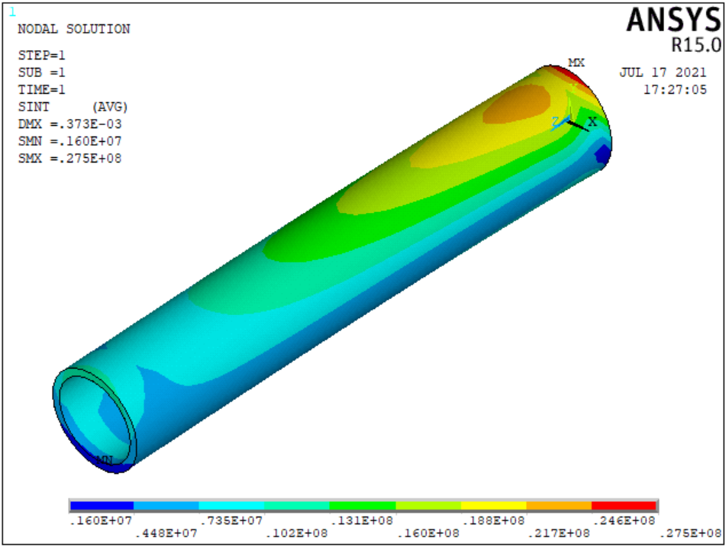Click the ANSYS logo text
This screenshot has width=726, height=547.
click(673, 20)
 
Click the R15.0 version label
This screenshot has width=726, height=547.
click(695, 45)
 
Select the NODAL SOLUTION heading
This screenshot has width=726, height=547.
click(73, 29)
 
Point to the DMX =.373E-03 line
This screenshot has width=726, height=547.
click(69, 124)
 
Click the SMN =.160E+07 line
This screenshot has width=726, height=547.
click(69, 141)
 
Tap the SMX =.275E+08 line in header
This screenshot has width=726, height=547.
click(69, 159)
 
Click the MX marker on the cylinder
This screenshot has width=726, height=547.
click(576, 63)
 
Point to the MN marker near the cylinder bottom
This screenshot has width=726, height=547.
click(105, 459)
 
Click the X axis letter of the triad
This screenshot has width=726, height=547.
click(592, 122)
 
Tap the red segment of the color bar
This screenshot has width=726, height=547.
click(624, 506)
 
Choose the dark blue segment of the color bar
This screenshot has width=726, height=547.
click(101, 506)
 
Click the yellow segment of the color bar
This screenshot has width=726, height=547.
click(493, 506)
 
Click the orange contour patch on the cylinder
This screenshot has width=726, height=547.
click(520, 102)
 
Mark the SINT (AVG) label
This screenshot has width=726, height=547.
click(73, 106)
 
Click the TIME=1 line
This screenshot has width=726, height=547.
click(41, 88)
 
